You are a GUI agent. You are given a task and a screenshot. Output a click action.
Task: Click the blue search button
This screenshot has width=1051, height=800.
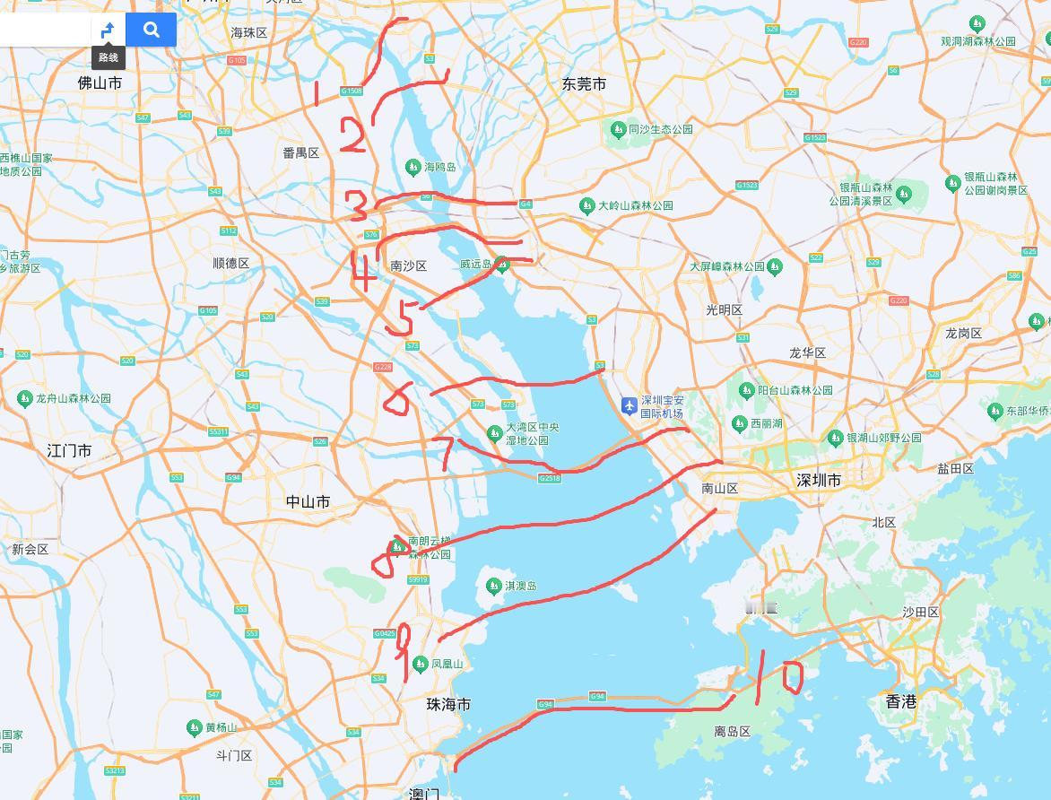click(151, 30)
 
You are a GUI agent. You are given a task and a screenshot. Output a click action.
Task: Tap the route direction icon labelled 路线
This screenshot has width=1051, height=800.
click(108, 30)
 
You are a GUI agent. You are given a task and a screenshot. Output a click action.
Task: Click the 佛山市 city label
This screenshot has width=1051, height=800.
click(100, 83)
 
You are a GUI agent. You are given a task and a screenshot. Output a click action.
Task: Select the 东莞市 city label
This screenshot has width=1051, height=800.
click(584, 83)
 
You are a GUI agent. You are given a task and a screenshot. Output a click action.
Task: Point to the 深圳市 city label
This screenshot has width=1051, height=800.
click(819, 481)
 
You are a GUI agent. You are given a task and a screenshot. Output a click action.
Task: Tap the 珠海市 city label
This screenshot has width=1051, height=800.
click(448, 704)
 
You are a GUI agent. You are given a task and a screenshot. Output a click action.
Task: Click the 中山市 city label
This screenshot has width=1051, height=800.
click(308, 501)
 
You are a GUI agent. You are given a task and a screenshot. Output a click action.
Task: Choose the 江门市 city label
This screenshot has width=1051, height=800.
click(69, 450)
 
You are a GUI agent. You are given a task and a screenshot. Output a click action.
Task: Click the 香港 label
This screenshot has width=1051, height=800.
click(900, 701)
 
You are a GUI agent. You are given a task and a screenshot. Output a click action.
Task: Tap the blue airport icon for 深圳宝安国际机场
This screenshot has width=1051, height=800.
click(630, 406)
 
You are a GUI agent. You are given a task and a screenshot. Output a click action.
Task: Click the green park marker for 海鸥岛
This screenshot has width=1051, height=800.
click(413, 167)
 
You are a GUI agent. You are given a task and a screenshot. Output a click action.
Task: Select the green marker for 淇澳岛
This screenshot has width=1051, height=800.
click(492, 586)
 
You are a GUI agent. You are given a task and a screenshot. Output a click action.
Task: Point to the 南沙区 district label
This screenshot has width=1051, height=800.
click(409, 265)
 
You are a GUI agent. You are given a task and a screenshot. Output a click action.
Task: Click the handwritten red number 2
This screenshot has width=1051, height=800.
click(352, 138)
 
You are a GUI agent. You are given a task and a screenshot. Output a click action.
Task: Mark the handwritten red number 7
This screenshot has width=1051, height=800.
click(446, 453)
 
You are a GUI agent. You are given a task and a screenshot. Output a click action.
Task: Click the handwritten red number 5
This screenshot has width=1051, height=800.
click(401, 318)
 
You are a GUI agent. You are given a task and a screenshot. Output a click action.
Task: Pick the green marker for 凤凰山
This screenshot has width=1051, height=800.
click(420, 665)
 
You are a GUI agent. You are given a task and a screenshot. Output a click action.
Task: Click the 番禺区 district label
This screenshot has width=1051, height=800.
click(300, 152)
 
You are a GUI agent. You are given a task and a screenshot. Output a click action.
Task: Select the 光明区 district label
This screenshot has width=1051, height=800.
click(724, 309)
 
